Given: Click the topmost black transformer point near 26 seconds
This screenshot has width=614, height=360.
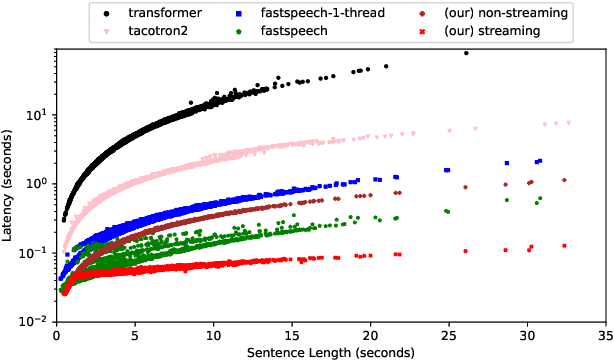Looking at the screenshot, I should pyautogui.click(x=466, y=54).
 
